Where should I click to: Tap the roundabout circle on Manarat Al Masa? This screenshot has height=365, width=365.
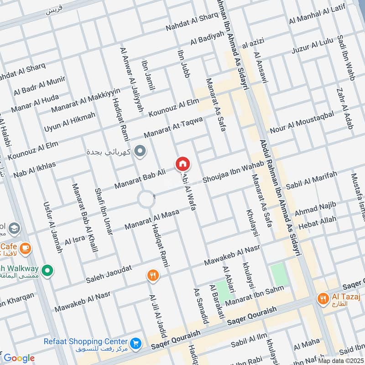(146, 199)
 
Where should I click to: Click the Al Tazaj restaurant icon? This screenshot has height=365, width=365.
(323, 299)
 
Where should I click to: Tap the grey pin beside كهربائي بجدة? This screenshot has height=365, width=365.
(141, 151)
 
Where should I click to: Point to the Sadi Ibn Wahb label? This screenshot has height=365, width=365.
(345, 57)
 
